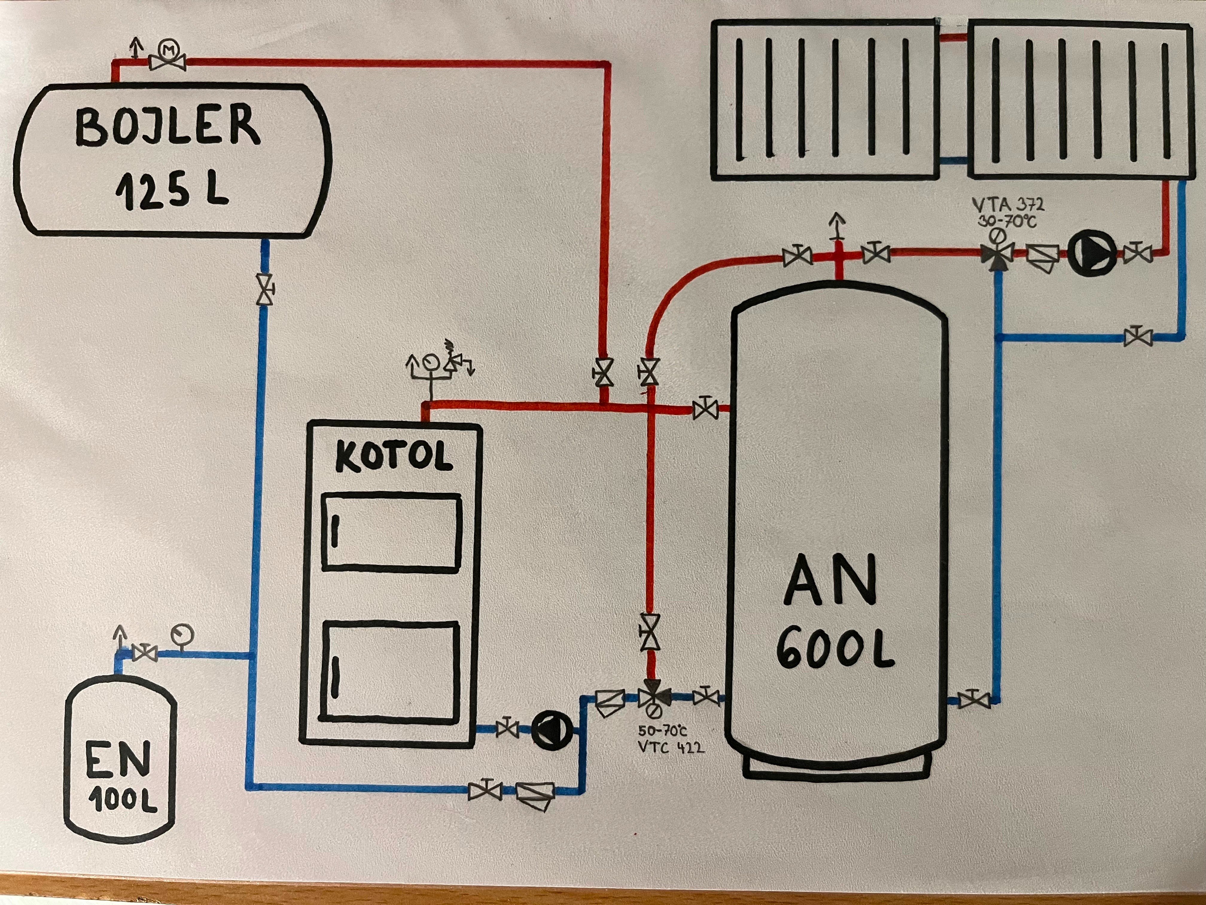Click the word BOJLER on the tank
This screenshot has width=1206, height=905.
pos(167,127)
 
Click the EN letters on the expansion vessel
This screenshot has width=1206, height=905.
pos(118,759)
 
